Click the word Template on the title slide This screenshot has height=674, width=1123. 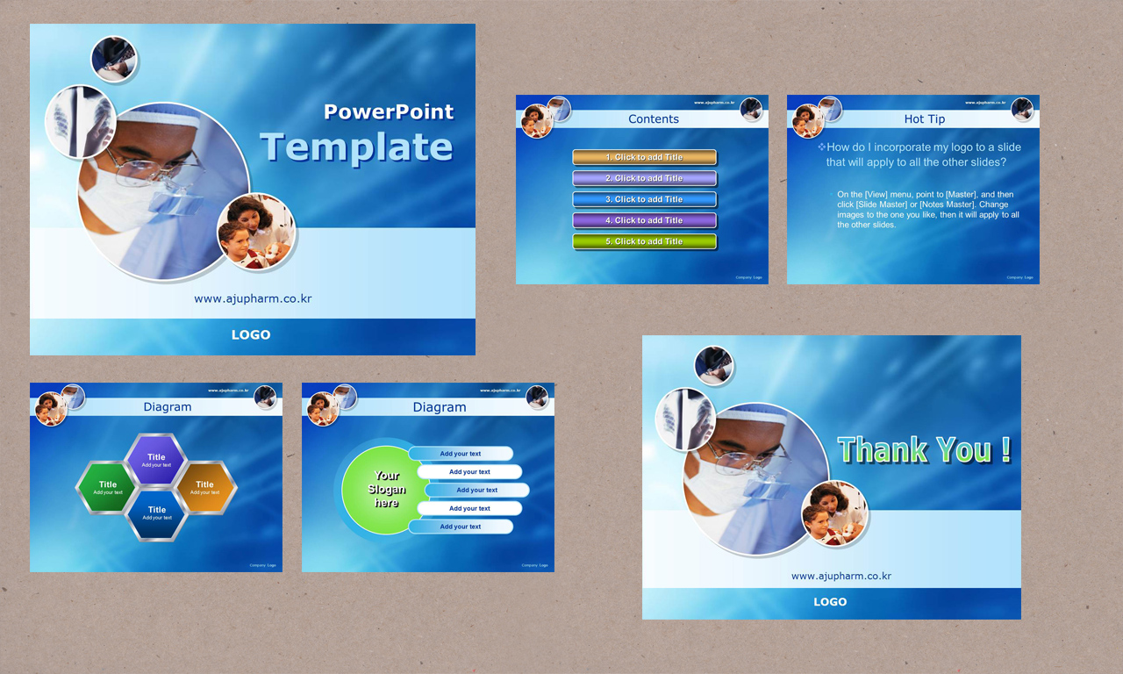tap(356, 147)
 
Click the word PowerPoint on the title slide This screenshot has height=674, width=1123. tap(389, 112)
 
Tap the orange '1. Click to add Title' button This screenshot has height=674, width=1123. tap(644, 157)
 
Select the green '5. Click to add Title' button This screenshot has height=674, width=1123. tap(644, 241)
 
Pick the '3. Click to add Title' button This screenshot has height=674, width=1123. tap(644, 199)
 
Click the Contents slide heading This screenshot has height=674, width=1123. tap(654, 119)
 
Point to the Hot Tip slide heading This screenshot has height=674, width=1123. tap(925, 119)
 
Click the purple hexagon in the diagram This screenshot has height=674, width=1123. tap(156, 459)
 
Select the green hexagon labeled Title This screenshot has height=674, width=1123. tap(107, 487)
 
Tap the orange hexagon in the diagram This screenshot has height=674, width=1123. tap(204, 487)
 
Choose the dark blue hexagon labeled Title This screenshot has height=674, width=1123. tap(156, 513)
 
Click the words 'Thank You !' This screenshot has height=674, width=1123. tap(924, 450)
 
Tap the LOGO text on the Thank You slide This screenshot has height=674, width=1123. tap(830, 602)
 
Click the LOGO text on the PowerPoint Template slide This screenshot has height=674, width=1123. tap(251, 334)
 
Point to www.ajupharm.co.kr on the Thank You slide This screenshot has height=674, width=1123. tap(841, 577)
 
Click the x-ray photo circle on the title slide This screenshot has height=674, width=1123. tap(80, 121)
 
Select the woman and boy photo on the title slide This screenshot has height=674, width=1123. tap(255, 232)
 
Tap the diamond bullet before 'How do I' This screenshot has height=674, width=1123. tap(821, 147)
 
